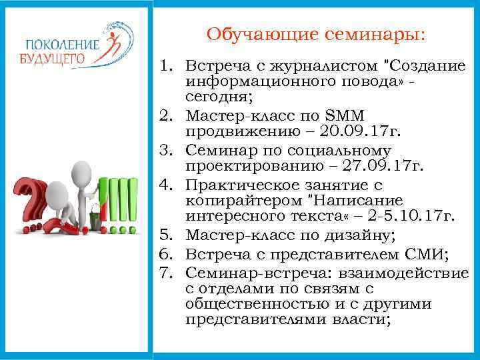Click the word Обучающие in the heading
pyautogui.click(x=251, y=34)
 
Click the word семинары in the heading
pyautogui.click(x=361, y=34)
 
